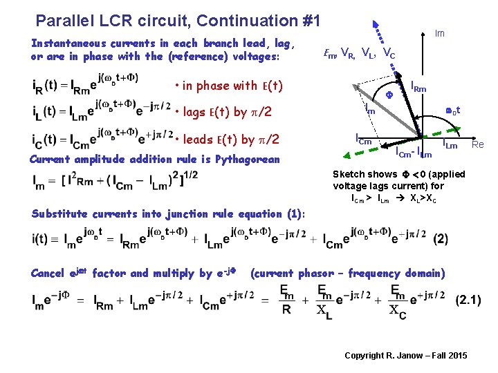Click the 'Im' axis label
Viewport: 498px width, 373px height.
pyautogui.click(x=439, y=33)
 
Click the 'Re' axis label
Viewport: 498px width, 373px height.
pyautogui.click(x=477, y=144)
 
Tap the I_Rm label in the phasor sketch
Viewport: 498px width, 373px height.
pyautogui.click(x=418, y=87)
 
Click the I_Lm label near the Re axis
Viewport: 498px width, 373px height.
pyautogui.click(x=450, y=144)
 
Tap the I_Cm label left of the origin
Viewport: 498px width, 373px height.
pyautogui.click(x=363, y=139)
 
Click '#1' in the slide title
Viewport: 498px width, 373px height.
pyautogui.click(x=308, y=21)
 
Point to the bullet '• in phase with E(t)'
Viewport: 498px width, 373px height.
pyautogui.click(x=229, y=86)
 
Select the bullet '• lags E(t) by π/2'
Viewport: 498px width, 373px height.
pyautogui.click(x=223, y=113)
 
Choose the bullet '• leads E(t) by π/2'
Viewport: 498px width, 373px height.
pyautogui.click(x=227, y=139)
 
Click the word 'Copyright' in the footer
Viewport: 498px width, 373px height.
pyautogui.click(x=365, y=356)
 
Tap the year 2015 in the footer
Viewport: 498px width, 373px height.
pyautogui.click(x=456, y=356)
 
